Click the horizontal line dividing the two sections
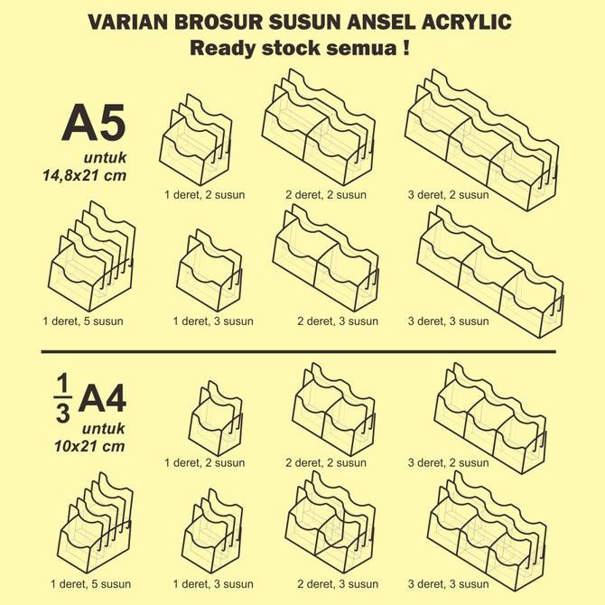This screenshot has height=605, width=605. coord(298,351)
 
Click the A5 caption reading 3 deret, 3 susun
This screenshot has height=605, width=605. coord(448,321)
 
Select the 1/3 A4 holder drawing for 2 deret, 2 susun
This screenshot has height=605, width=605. coord(329,410)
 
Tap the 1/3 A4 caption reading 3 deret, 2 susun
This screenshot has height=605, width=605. coord(448,463)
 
